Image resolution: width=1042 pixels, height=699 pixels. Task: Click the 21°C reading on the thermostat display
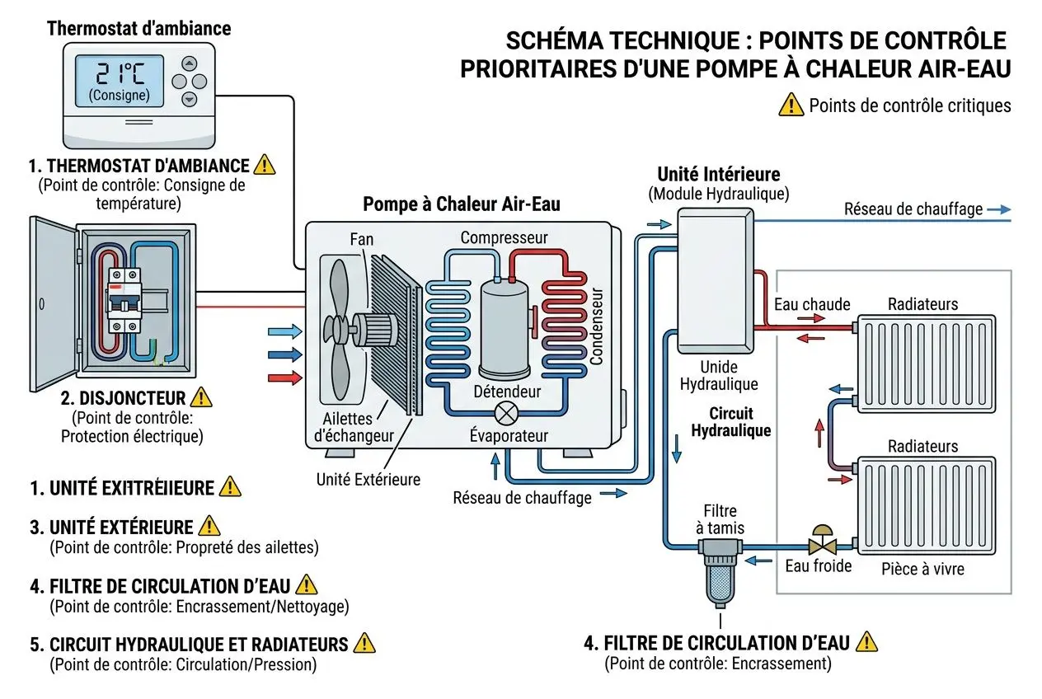pyautogui.click(x=120, y=75)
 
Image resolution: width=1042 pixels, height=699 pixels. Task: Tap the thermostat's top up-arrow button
pyautogui.click(x=190, y=63)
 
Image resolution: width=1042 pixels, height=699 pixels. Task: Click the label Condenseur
pyautogui.click(x=597, y=326)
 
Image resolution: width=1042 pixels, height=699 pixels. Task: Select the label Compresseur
pyautogui.click(x=504, y=238)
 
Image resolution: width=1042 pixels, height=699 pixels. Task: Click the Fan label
pyautogui.click(x=361, y=240)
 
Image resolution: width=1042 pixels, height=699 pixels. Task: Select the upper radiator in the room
pyautogui.click(x=926, y=363)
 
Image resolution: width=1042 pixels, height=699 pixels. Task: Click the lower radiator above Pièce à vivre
pyautogui.click(x=926, y=504)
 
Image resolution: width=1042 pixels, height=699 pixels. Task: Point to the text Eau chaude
pyautogui.click(x=812, y=304)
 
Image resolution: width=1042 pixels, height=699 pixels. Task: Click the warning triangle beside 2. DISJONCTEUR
pyautogui.click(x=200, y=398)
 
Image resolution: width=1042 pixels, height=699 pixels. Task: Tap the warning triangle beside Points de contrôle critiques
pyautogui.click(x=791, y=105)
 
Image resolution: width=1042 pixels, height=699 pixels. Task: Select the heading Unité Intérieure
pyautogui.click(x=718, y=175)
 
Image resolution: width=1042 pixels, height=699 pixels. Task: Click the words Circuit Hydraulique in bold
pyautogui.click(x=730, y=422)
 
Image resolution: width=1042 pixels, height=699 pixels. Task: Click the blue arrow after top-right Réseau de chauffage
pyautogui.click(x=998, y=209)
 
